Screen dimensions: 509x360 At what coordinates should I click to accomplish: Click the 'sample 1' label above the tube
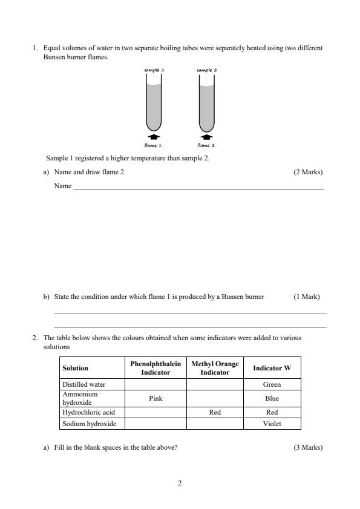[154, 70]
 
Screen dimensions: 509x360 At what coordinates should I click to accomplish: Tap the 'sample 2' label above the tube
[207, 70]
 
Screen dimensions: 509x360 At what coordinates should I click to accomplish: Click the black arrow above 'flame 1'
[154, 137]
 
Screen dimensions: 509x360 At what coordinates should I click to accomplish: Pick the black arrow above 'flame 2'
[207, 137]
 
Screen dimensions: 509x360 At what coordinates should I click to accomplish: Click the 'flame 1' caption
[154, 145]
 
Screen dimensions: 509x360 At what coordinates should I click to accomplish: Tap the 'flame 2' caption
[206, 145]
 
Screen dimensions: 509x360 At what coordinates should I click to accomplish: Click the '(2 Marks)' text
[308, 172]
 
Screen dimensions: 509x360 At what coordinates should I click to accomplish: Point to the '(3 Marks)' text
[308, 447]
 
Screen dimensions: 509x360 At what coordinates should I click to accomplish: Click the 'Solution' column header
[75, 368]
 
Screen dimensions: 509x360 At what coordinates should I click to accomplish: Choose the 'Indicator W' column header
[272, 368]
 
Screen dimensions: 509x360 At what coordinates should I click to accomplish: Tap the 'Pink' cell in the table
[155, 398]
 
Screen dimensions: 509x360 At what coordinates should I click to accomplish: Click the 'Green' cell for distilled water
[272, 384]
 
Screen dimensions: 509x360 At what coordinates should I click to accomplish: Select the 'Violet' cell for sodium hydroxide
[272, 424]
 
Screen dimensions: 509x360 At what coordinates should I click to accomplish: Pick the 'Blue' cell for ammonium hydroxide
[272, 398]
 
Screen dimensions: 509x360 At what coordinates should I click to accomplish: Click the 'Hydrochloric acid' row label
[88, 412]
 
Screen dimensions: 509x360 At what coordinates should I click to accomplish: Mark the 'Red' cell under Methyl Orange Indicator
[215, 412]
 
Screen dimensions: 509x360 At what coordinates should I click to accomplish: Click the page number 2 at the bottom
[180, 483]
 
